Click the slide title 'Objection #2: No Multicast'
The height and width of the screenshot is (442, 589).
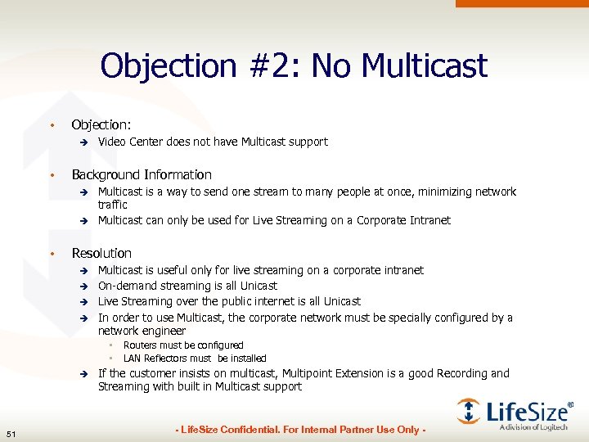294,65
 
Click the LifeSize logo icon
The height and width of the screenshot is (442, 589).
469,411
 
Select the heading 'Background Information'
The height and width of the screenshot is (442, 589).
142,174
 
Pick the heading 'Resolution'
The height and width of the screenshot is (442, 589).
101,253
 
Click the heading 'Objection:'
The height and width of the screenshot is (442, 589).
101,124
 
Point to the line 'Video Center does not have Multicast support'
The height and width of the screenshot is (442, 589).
213,142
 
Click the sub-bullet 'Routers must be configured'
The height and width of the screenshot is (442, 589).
183,345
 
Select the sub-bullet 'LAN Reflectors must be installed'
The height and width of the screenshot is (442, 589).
195,359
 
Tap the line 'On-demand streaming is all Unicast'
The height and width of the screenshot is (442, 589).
187,286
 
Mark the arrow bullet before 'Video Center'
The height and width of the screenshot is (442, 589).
83,142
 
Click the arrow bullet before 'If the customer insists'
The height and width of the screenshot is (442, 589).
83,374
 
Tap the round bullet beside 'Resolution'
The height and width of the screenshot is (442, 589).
52,254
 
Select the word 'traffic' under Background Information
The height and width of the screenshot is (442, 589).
113,205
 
